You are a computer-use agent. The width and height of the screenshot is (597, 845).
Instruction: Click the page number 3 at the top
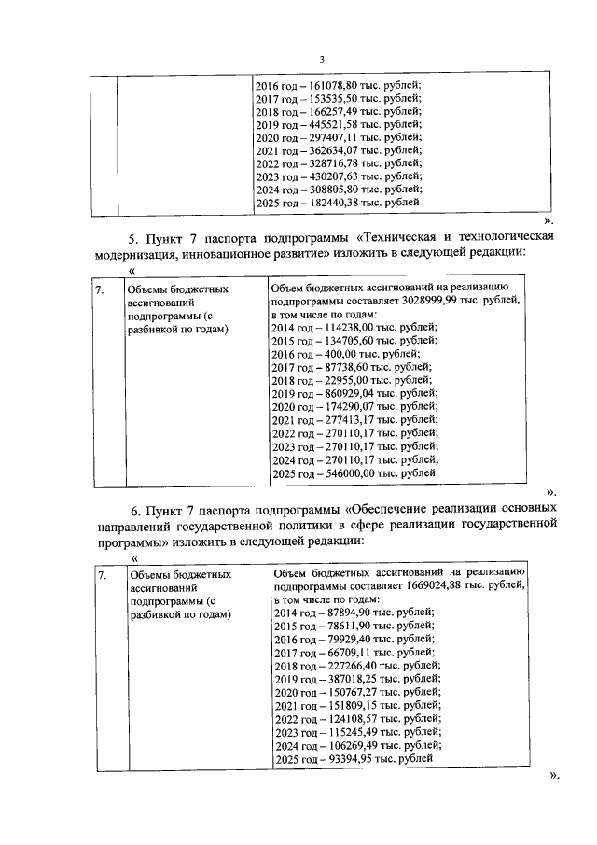tap(321, 60)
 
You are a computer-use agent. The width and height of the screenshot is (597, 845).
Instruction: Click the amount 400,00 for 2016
tap(336, 355)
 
